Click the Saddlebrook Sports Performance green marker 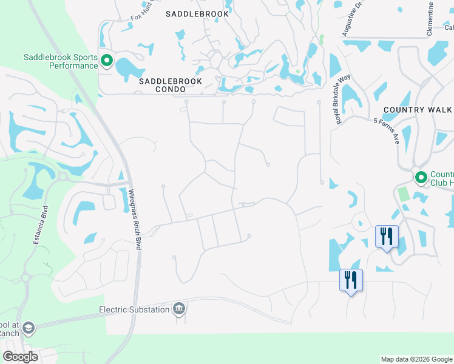pyautogui.click(x=107, y=60)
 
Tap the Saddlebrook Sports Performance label pyautogui.click(x=61, y=61)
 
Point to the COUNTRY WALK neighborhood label pyautogui.click(x=418, y=109)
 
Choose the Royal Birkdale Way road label pyautogui.click(x=344, y=99)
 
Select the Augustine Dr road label pyautogui.click(x=350, y=18)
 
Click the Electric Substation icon pyautogui.click(x=178, y=309)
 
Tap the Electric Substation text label pyautogui.click(x=134, y=310)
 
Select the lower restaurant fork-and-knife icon pyautogui.click(x=351, y=280)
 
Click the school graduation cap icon pyautogui.click(x=28, y=328)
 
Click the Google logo pyautogui.click(x=21, y=357)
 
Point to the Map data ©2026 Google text pyautogui.click(x=416, y=359)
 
